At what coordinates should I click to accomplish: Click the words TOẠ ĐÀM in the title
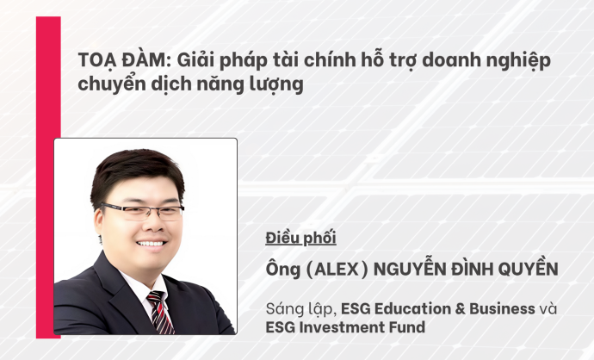pyautogui.click(x=121, y=60)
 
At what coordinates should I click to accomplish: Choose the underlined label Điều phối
pyautogui.click(x=300, y=238)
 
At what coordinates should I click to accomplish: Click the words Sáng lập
pyautogui.click(x=300, y=309)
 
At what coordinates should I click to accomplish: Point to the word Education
pyautogui.click(x=412, y=309)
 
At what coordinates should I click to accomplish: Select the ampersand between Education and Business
pyautogui.click(x=460, y=309)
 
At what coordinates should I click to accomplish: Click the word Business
pyautogui.click(x=503, y=309)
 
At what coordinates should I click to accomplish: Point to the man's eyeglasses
pyautogui.click(x=142, y=211)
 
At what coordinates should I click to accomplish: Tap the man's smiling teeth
pyautogui.click(x=151, y=243)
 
